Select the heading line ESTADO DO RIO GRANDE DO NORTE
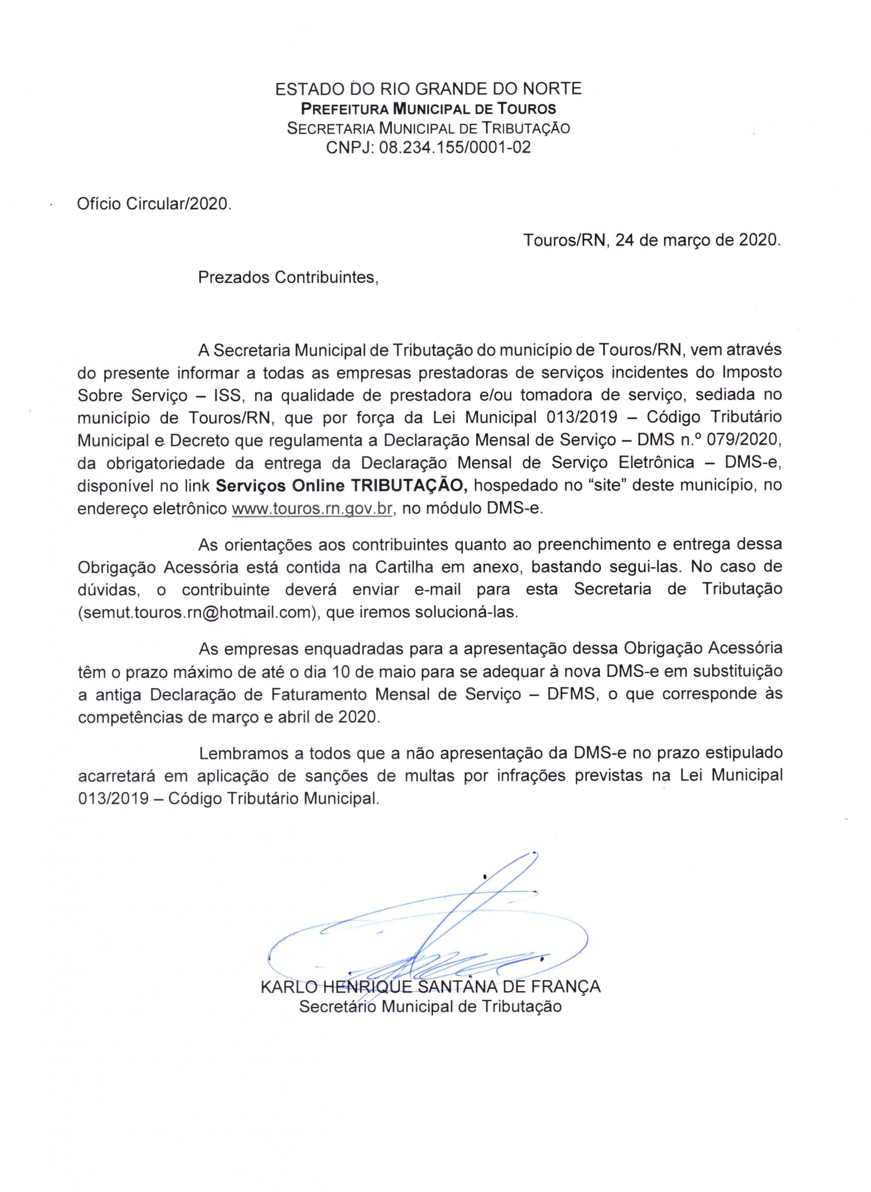click(x=428, y=88)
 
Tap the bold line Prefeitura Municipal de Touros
click(x=428, y=108)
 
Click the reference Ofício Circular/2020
click(x=154, y=204)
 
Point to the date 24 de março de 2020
click(x=701, y=240)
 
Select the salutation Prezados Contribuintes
click(x=288, y=278)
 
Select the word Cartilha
click(x=405, y=567)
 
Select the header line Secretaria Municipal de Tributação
click(x=428, y=128)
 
